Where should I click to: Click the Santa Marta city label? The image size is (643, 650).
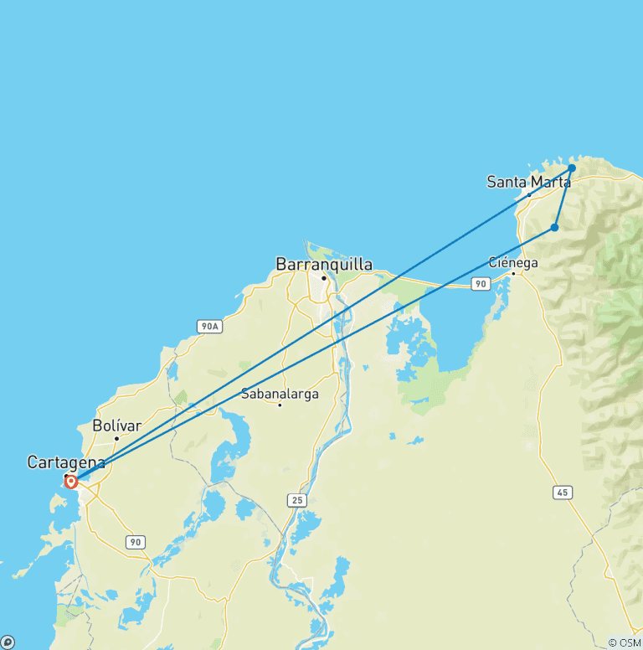(528, 182)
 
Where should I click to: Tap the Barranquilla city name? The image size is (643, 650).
(324, 265)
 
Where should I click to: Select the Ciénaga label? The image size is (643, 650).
(513, 262)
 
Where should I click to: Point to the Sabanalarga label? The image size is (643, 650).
(280, 394)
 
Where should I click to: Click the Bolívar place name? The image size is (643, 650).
(116, 426)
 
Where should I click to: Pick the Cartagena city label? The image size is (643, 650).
(66, 462)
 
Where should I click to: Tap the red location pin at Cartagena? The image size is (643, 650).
(71, 482)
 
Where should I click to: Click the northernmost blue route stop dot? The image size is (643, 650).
(572, 168)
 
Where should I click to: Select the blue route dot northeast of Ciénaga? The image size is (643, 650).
(554, 227)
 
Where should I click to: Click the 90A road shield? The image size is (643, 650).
(210, 326)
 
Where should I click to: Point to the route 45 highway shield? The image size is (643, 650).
(563, 492)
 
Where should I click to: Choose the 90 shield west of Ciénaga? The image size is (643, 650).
(480, 285)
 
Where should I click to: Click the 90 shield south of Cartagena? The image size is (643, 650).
(135, 542)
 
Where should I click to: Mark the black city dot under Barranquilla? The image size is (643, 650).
(324, 277)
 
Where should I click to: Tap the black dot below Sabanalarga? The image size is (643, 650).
(280, 405)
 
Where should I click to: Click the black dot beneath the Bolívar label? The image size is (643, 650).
(116, 438)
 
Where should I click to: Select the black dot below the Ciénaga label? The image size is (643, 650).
(513, 273)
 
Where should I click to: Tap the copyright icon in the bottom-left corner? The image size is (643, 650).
(7, 642)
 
